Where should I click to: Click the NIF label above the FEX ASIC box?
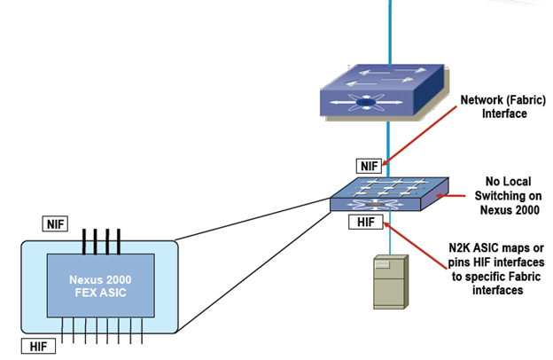pyautogui.click(x=55, y=224)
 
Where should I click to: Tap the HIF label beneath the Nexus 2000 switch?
pyautogui.click(x=365, y=222)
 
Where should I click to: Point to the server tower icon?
pyautogui.click(x=389, y=281)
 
